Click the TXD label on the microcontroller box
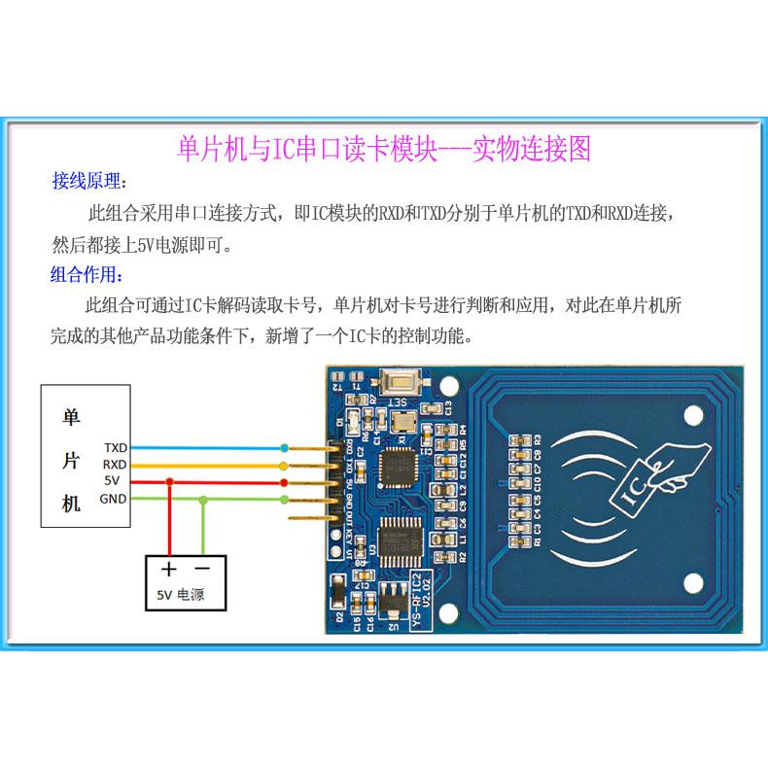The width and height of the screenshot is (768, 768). (116, 448)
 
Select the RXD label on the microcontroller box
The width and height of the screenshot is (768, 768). (116, 465)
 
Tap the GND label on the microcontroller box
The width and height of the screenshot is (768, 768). (115, 499)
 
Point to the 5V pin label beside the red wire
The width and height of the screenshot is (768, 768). (112, 481)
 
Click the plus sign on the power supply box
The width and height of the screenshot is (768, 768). (169, 570)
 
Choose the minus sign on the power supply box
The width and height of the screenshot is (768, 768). (202, 569)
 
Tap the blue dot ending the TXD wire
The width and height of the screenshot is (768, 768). (284, 448)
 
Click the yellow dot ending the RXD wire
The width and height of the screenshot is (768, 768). (284, 466)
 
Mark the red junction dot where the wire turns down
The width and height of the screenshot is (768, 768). (170, 482)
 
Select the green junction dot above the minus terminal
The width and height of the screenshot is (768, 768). (202, 500)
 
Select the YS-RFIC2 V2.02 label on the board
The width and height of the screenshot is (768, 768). (419, 599)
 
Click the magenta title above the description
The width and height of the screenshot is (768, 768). (384, 148)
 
